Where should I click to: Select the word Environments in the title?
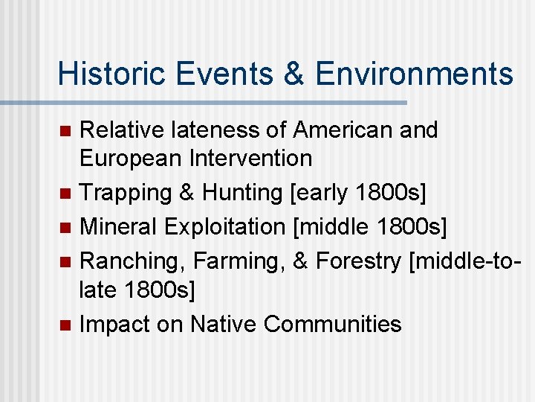pos(414,74)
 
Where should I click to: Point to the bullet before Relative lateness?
pos(65,131)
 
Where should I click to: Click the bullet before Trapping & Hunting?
pos(65,193)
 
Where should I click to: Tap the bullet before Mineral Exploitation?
pos(65,226)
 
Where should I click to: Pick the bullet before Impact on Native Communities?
pos(65,325)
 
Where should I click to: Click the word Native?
pos(223,324)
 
